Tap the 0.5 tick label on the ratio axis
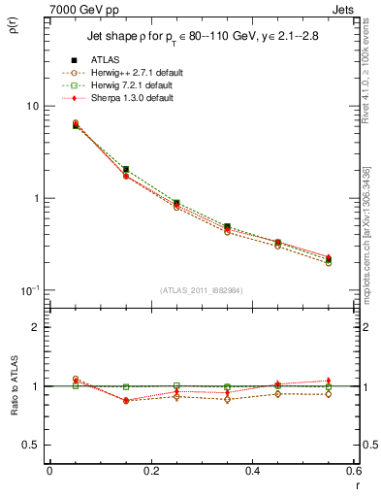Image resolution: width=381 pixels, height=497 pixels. coord(32,445)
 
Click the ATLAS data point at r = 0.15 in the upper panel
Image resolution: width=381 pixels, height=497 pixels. coord(126,169)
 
